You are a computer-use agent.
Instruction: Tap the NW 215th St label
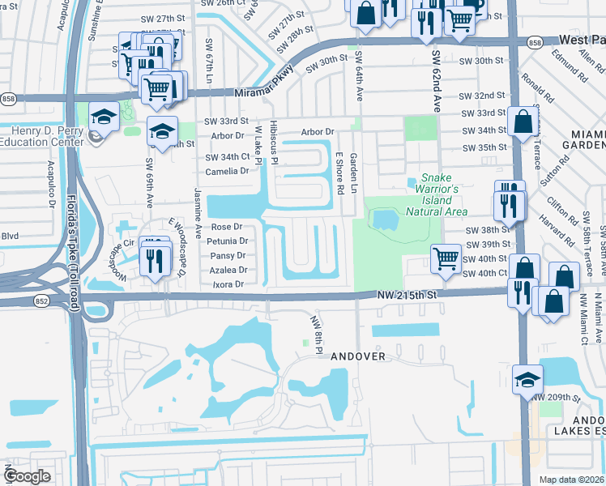(408, 296)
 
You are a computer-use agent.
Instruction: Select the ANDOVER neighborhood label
(357, 356)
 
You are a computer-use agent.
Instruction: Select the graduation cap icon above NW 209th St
(527, 378)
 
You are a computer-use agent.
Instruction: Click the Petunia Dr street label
(226, 241)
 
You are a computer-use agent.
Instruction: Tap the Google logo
(28, 475)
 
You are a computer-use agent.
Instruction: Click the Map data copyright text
(570, 480)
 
